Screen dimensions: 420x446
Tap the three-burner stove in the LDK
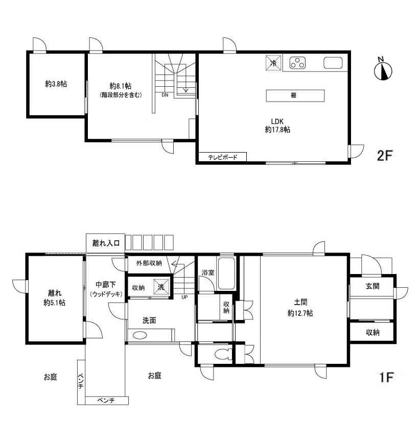(297, 63)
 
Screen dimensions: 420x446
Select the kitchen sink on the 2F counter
(333, 63)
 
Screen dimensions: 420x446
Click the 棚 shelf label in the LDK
(294, 95)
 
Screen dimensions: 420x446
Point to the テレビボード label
(222, 157)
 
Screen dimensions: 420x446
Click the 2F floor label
(385, 155)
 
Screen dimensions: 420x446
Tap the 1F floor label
(386, 378)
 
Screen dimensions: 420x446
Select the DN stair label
(165, 95)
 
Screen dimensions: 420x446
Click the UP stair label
(184, 297)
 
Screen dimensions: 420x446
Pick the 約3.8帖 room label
(56, 84)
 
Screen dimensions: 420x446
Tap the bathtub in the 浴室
(226, 274)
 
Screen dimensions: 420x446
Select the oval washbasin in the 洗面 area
(140, 336)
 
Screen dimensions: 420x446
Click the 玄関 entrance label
(372, 286)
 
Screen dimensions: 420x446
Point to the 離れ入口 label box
(106, 243)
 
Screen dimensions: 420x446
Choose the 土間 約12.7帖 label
(300, 308)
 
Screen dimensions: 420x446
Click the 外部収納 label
(149, 263)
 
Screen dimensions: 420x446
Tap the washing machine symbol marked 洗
(161, 287)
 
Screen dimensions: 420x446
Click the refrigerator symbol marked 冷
(274, 63)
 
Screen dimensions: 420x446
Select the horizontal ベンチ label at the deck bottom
(106, 401)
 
